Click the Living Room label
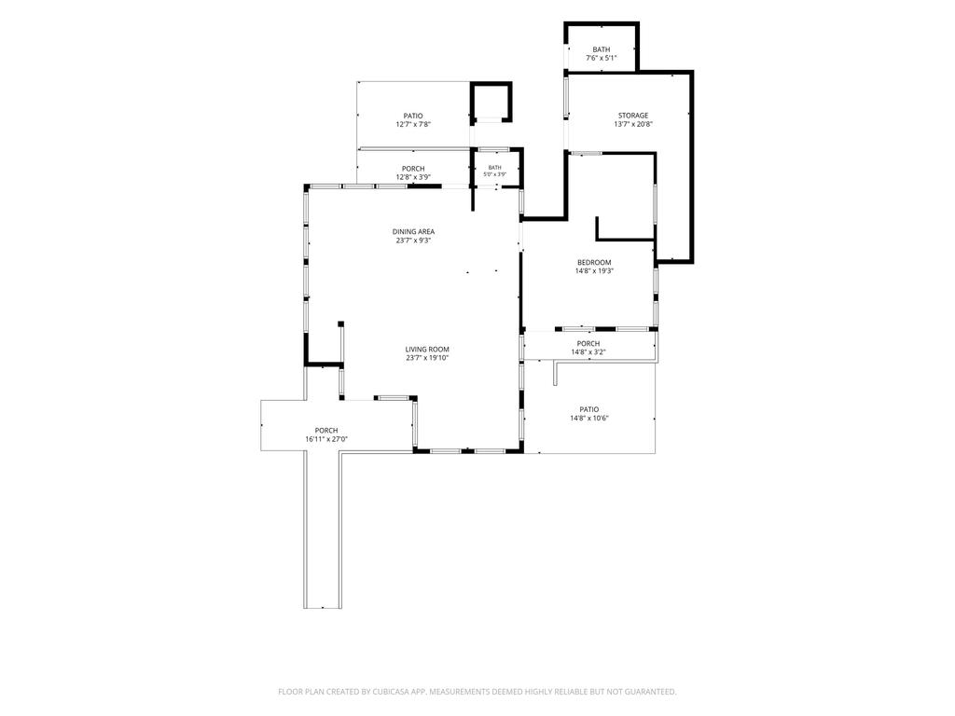tap(427, 350)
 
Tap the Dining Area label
tap(413, 231)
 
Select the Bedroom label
tap(594, 262)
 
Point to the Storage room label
tap(633, 115)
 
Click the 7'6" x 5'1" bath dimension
tap(602, 59)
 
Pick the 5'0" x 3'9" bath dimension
tap(494, 174)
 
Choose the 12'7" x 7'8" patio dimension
tap(413, 124)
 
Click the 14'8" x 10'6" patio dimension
tap(589, 419)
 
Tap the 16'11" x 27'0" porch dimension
tap(325, 439)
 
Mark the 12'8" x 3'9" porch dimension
tap(413, 177)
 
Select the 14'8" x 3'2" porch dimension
tap(588, 351)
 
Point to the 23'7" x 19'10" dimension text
tap(427, 358)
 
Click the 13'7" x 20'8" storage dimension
tap(633, 124)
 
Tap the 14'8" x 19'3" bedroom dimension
tap(594, 271)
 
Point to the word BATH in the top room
tap(602, 49)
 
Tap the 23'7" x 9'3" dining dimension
tap(413, 241)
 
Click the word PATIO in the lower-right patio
tap(589, 409)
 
